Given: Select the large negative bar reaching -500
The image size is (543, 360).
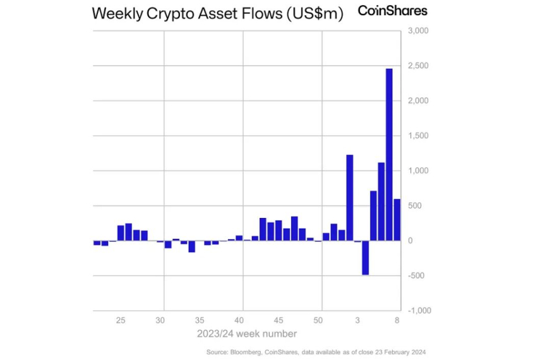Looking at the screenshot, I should point(365,257).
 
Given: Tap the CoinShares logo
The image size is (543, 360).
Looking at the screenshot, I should point(392,11).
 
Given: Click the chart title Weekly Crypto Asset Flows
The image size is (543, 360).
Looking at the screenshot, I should point(217,15).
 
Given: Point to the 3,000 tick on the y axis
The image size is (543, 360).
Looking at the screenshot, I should point(419,31).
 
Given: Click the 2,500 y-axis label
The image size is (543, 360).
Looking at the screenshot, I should point(419,66).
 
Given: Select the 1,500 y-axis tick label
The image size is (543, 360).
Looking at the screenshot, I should point(419,136).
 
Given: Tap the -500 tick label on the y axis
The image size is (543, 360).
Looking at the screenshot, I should point(419,276).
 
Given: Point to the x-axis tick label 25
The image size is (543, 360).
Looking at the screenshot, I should point(121,321).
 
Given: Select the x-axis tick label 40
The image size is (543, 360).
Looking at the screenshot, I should point(240,321).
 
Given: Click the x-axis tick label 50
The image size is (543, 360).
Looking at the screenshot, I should point(319,321).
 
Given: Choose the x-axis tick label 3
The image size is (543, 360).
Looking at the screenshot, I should point(358,321).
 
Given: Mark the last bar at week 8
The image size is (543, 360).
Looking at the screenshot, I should point(397,220).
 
